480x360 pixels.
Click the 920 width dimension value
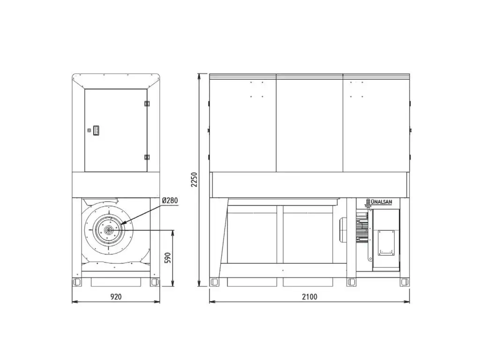pyautogui.click(x=116, y=296)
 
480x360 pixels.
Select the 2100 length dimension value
pyautogui.click(x=309, y=296)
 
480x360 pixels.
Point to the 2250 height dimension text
pyautogui.click(x=194, y=180)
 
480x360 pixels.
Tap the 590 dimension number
pyautogui.click(x=167, y=258)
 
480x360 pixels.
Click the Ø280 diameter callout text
pyautogui.click(x=170, y=201)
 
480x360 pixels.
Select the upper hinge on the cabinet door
pyautogui.click(x=147, y=104)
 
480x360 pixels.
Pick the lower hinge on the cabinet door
pyautogui.click(x=147, y=157)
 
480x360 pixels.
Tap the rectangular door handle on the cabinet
pyautogui.click(x=96, y=130)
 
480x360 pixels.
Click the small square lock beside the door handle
pyautogui.click(x=89, y=130)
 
